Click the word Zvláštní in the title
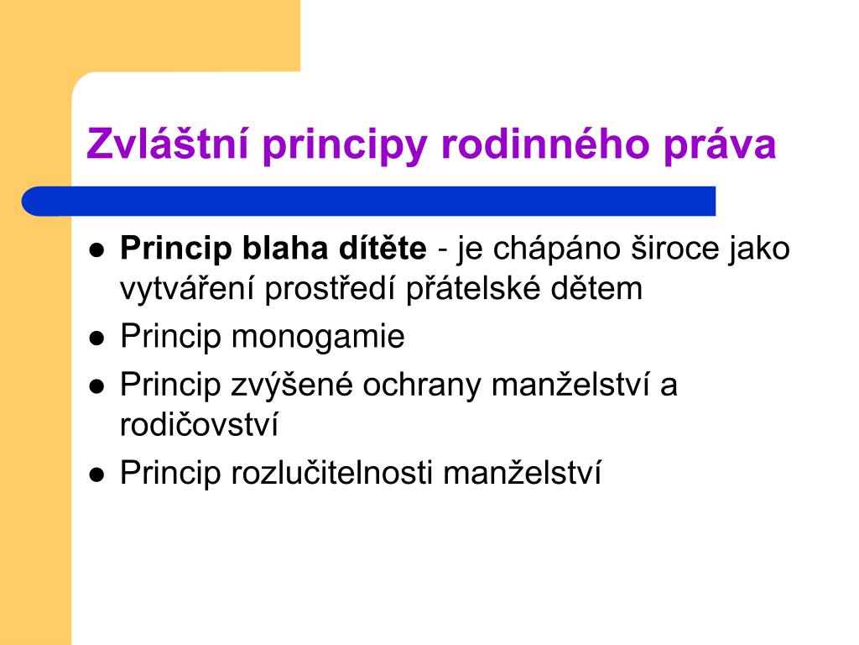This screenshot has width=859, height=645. click(168, 143)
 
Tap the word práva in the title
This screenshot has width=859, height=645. click(720, 145)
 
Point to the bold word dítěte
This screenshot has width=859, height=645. click(383, 248)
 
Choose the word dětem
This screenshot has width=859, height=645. click(596, 288)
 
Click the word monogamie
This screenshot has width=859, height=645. click(318, 338)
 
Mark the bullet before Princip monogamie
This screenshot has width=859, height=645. click(97, 338)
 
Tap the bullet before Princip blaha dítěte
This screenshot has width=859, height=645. click(97, 250)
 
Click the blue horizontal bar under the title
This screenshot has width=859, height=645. click(369, 202)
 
